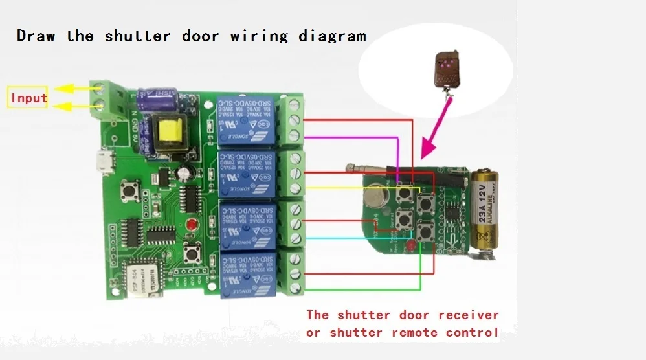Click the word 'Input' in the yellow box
(28, 98)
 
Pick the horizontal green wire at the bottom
(362, 289)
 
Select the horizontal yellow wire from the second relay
(350, 187)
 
